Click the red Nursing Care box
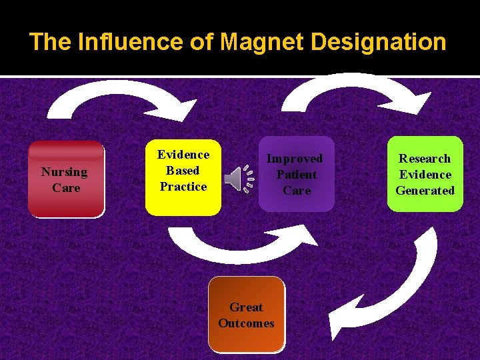click(66, 179)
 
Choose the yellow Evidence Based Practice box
click(183, 177)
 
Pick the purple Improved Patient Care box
click(296, 174)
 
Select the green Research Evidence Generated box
click(425, 174)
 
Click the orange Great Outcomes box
click(246, 315)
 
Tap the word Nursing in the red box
click(65, 172)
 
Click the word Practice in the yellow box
click(183, 187)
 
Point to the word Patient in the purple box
click(297, 175)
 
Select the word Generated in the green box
click(425, 191)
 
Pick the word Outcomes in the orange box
click(246, 323)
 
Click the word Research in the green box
click(425, 159)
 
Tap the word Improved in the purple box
click(295, 159)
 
